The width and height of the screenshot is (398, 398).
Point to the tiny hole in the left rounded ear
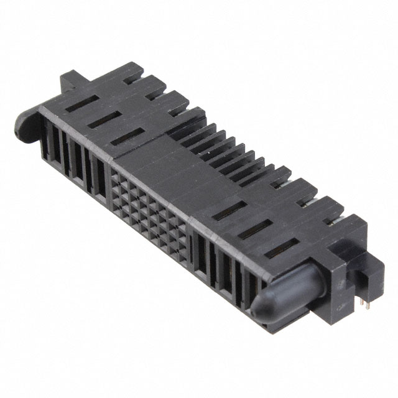tap(16, 132)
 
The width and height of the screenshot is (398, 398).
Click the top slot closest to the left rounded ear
tap(77, 101)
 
